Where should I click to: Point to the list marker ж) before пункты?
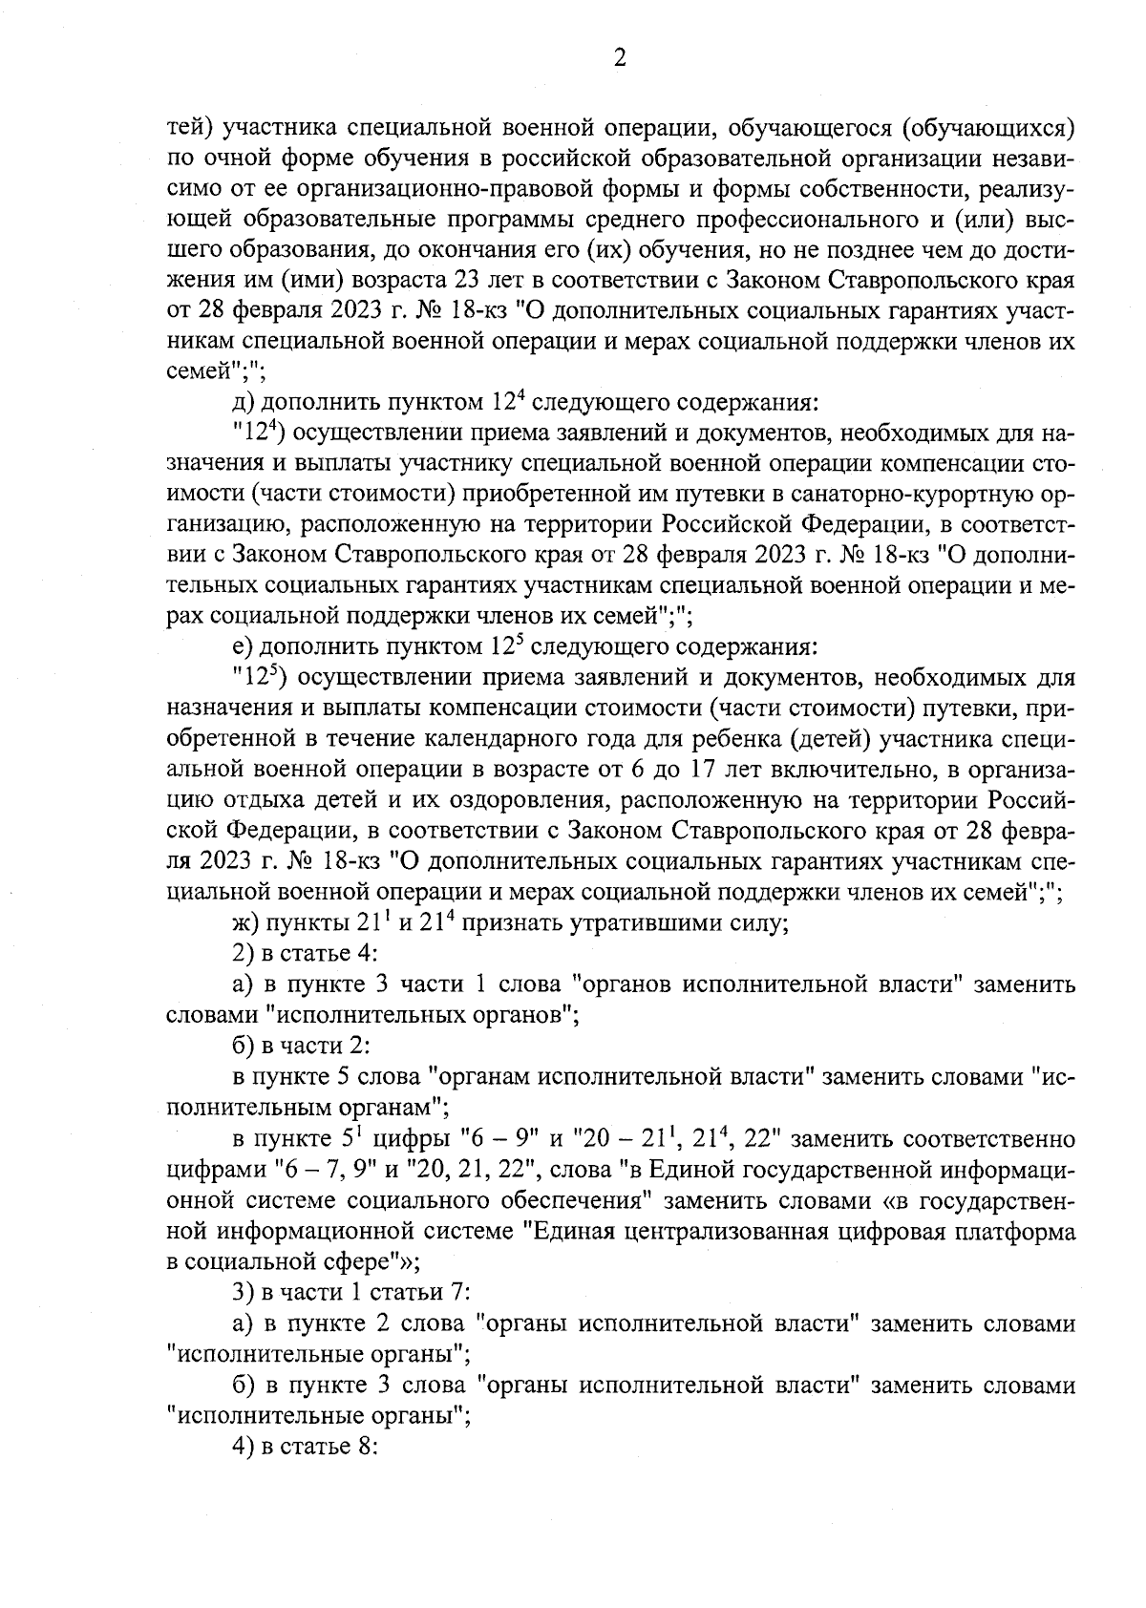[x=246, y=923]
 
